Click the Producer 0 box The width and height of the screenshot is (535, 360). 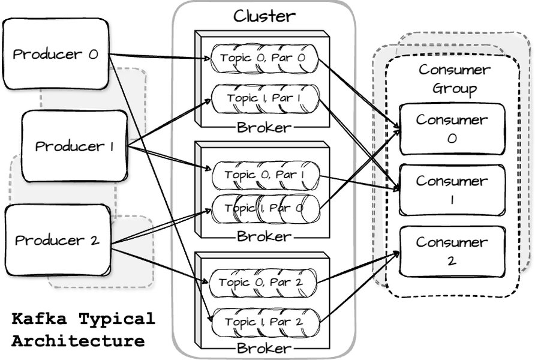[x=55, y=54]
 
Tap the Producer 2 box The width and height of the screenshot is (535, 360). [x=57, y=241]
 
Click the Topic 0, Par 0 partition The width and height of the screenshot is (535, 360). [x=263, y=58]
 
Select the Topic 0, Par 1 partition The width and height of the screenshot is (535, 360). [x=265, y=175]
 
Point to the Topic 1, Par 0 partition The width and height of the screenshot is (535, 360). [x=265, y=208]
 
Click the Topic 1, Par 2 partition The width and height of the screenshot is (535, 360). [x=263, y=322]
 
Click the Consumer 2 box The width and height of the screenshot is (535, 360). [x=452, y=251]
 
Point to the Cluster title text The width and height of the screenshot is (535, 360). [x=264, y=16]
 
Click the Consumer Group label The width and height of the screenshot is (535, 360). [x=454, y=79]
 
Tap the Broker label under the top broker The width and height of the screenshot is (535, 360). [x=264, y=127]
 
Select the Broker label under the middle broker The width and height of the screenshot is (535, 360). [x=264, y=236]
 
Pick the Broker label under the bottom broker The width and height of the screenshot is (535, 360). [x=264, y=349]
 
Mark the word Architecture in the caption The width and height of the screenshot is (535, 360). [x=78, y=341]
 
